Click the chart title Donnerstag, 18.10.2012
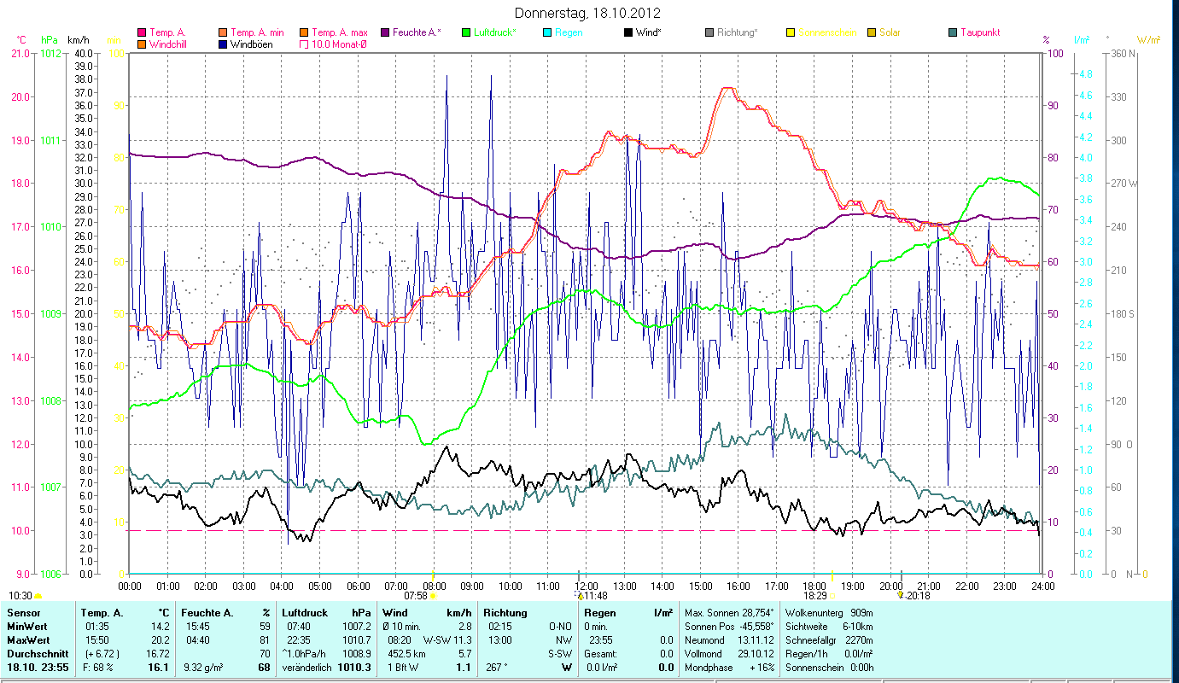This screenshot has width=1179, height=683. point(588,14)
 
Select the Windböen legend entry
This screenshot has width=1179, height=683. point(252,44)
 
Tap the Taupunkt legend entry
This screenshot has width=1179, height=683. point(979,32)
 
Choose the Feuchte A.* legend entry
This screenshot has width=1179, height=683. point(416,32)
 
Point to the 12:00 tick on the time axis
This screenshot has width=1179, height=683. point(587,587)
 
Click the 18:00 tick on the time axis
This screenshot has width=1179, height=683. point(814,587)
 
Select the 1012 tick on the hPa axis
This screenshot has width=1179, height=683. point(50,53)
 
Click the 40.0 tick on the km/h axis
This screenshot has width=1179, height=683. point(84,53)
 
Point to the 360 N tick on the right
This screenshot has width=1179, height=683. point(1122,53)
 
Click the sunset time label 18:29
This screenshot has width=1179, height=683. point(815,596)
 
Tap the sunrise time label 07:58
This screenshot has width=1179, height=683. point(415,596)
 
